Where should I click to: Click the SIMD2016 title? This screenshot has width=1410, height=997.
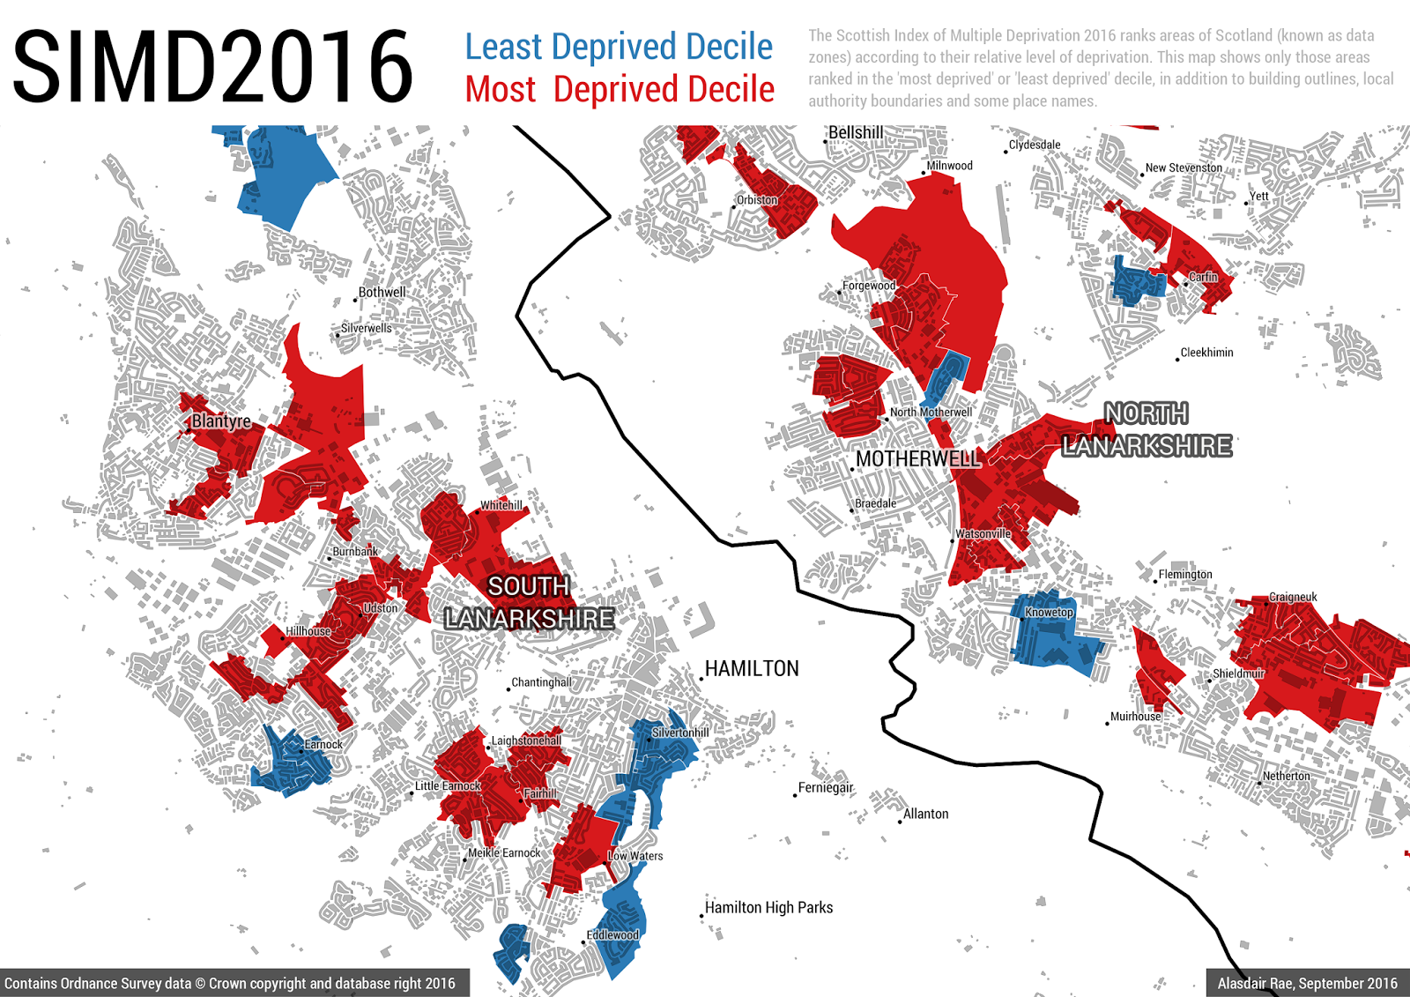click(x=212, y=66)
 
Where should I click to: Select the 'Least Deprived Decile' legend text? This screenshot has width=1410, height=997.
click(x=619, y=47)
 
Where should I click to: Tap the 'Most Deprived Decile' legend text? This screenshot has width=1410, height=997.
click(x=620, y=89)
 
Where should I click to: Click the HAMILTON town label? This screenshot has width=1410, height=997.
click(x=752, y=669)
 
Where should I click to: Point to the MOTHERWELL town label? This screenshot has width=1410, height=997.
click(x=917, y=459)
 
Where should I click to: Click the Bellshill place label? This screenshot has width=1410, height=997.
click(x=856, y=133)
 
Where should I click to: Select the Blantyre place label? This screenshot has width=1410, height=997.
click(x=221, y=421)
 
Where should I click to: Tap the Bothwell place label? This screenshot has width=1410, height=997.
click(x=382, y=293)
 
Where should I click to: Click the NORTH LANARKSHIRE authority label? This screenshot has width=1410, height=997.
click(x=1147, y=430)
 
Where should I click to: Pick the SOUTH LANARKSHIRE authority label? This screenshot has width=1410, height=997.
click(x=529, y=602)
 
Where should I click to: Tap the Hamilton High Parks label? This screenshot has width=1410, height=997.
click(x=768, y=908)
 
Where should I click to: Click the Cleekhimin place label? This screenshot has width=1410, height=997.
click(x=1206, y=353)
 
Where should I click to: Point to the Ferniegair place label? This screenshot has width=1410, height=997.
click(x=826, y=788)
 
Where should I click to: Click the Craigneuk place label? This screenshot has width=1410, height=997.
click(x=1293, y=598)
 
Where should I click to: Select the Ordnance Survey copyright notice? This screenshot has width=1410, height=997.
click(x=230, y=984)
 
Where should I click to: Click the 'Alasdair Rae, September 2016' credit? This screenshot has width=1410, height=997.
click(x=1307, y=984)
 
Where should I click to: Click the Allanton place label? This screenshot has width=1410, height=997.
click(x=925, y=815)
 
